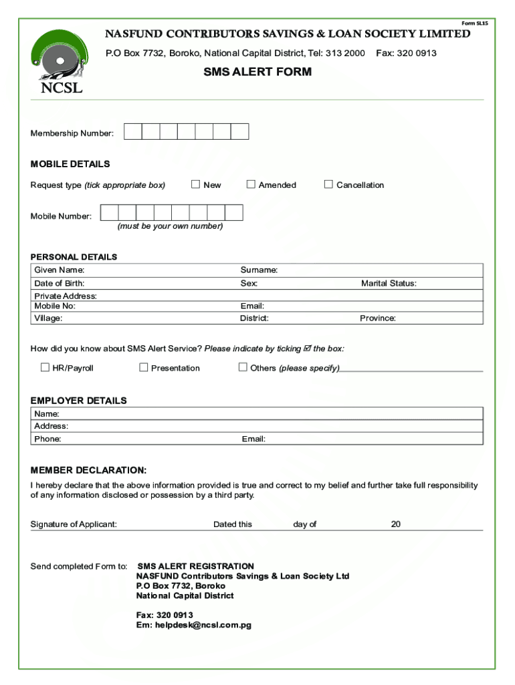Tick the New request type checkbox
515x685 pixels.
tap(196, 184)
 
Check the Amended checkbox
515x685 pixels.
tap(251, 184)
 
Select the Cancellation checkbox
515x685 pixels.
tap(328, 184)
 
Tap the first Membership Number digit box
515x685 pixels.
tap(133, 132)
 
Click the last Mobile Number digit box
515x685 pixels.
tap(234, 213)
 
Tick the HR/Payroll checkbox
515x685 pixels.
tap(45, 367)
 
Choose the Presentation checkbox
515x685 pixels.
tap(144, 367)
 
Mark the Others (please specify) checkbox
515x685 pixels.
tap(243, 367)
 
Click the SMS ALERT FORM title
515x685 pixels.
tap(257, 72)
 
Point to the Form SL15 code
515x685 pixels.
tap(475, 23)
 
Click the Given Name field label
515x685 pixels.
tap(60, 270)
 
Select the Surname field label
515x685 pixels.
tap(259, 270)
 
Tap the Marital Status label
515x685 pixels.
tap(389, 284)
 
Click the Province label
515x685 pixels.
tap(378, 318)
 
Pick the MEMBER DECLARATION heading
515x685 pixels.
tap(88, 470)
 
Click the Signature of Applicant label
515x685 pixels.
tap(74, 524)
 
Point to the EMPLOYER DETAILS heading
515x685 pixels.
tap(78, 401)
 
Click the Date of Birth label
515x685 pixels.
tap(60, 284)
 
